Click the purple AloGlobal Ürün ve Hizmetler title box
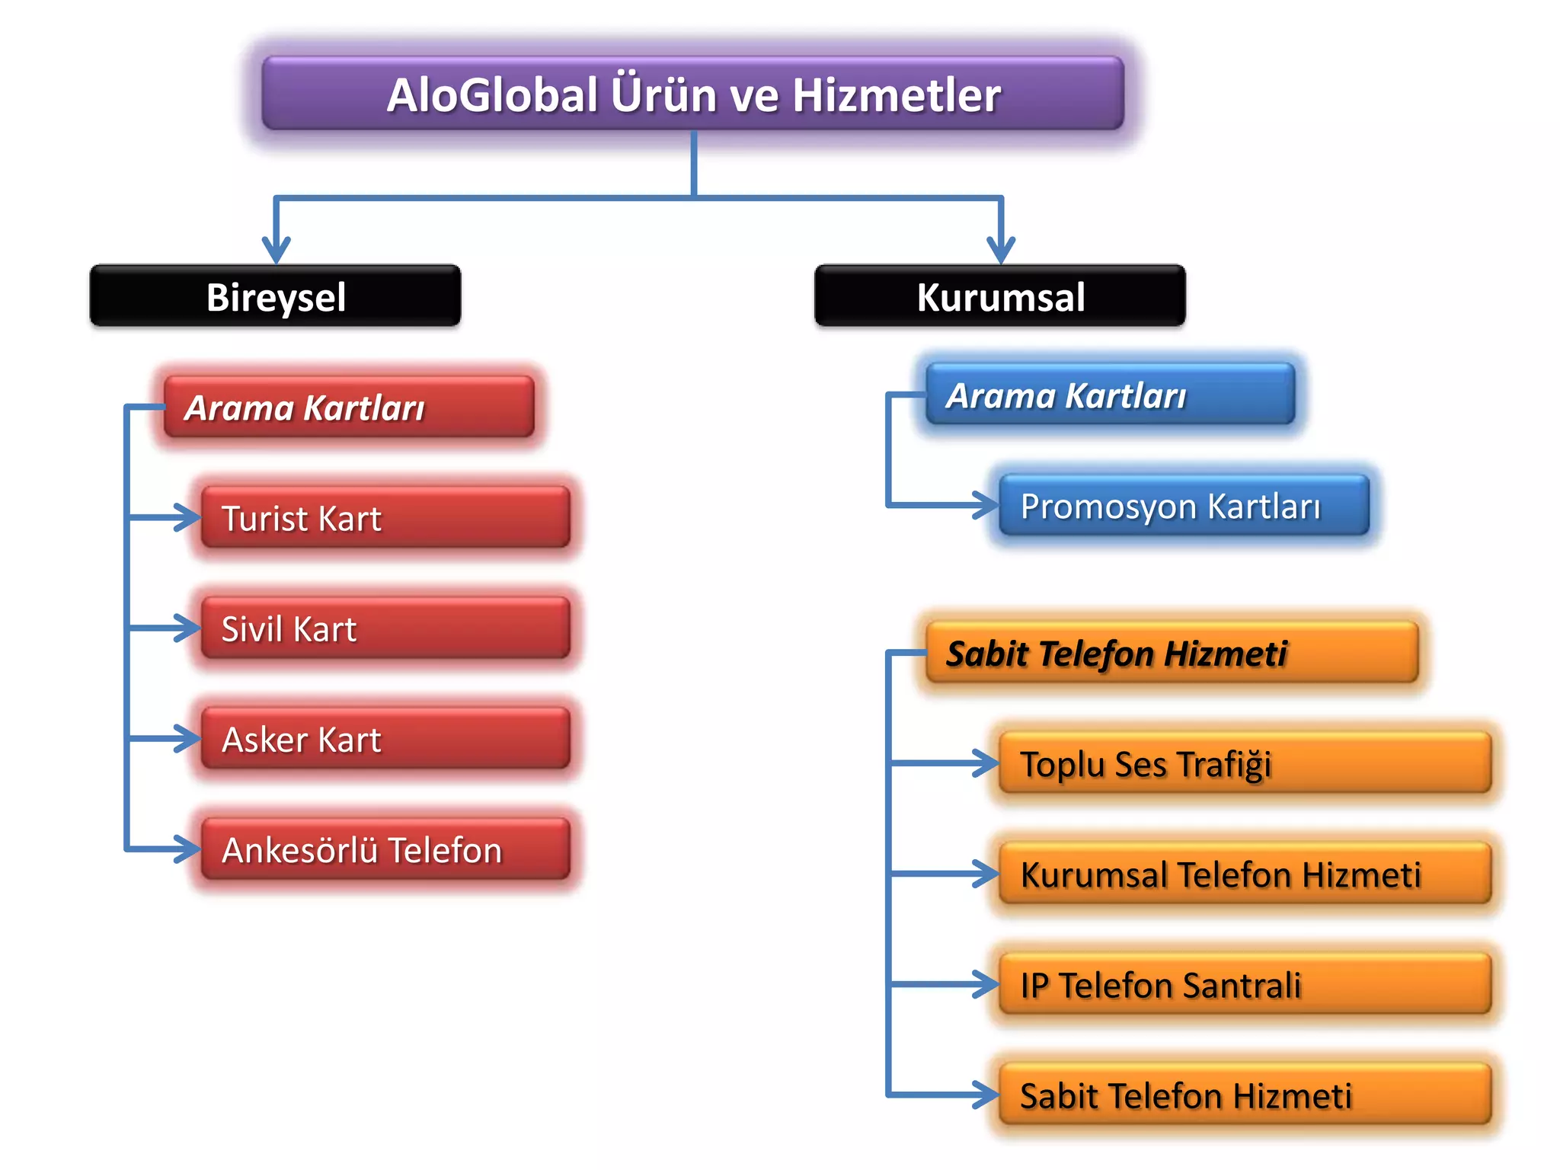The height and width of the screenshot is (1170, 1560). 693,94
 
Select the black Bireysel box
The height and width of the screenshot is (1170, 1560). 275,296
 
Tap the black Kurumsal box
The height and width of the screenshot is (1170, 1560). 1000,296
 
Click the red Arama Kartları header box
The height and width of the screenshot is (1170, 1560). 350,407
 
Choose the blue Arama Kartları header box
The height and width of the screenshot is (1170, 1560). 1111,395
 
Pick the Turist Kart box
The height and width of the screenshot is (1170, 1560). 385,518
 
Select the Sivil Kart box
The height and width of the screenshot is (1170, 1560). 385,628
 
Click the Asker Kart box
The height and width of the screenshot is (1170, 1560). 385,739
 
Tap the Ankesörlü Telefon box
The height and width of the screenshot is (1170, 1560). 385,849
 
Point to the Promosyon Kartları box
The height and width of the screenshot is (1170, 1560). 1184,506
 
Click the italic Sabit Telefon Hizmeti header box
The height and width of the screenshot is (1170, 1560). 1172,653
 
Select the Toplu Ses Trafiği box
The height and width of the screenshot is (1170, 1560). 1245,763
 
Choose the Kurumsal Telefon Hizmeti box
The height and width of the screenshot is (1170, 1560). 1245,874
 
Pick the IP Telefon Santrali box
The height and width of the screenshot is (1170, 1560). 1245,984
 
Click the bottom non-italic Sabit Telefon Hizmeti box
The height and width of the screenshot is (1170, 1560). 1245,1095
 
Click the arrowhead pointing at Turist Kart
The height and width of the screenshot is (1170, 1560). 187,518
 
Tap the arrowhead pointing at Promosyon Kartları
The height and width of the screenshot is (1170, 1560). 986,505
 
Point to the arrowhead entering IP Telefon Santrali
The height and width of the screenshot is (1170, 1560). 986,984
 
